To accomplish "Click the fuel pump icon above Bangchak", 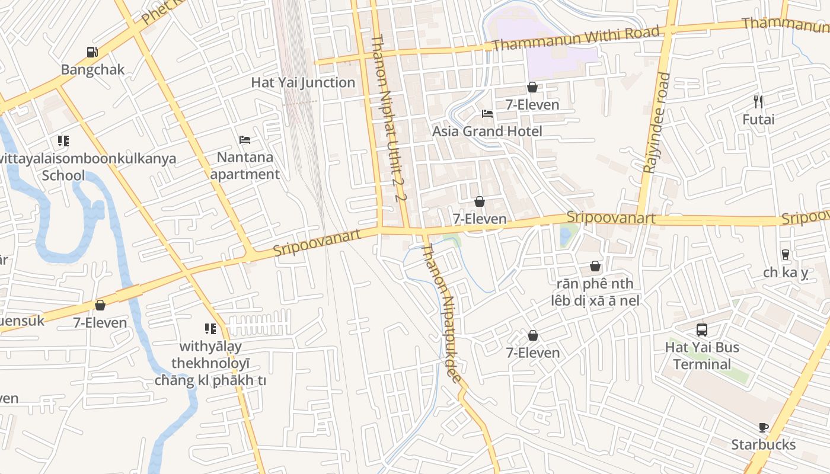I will [x=92, y=52].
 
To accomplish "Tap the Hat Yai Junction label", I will [x=303, y=82].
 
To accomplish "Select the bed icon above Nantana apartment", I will [x=245, y=140].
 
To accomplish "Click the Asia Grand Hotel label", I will [x=487, y=131].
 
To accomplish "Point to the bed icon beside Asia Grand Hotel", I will [x=487, y=114].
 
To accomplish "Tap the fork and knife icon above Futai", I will [x=758, y=102].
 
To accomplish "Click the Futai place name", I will [x=758, y=120].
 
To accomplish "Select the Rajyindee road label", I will [x=656, y=123].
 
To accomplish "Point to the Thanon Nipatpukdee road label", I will [x=442, y=314].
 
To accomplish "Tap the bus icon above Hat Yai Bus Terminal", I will [x=702, y=330].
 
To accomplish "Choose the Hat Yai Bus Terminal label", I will [x=702, y=355].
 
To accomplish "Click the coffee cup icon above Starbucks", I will [x=764, y=427].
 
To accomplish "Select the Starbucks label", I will [x=763, y=444].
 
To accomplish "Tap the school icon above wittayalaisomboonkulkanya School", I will [x=63, y=141].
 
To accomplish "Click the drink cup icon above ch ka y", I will [x=786, y=255].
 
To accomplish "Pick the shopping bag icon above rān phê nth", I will [x=595, y=267].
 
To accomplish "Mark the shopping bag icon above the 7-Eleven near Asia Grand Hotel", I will [x=532, y=88].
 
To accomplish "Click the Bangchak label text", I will [x=93, y=69].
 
